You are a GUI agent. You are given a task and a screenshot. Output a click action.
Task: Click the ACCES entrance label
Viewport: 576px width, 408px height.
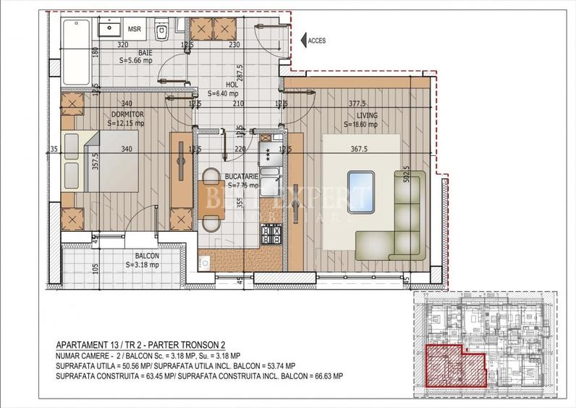click(317, 41)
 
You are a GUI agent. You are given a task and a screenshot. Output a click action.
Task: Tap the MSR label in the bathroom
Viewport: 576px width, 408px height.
click(135, 29)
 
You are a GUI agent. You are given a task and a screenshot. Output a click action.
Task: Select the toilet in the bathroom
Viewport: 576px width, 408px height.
click(163, 30)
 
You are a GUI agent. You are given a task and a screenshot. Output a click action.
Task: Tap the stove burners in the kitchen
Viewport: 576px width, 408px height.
click(270, 233)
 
